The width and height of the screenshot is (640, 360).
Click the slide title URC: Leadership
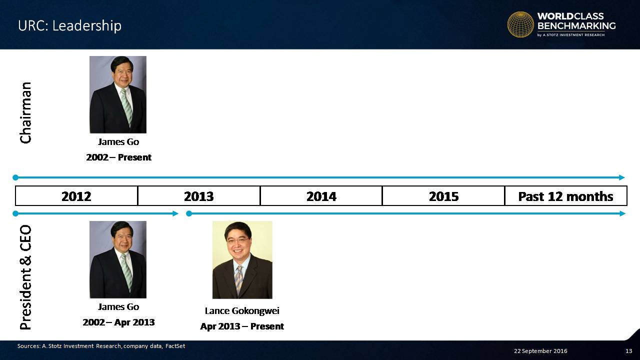tap(69, 26)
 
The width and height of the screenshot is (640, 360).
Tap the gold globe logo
tap(520, 24)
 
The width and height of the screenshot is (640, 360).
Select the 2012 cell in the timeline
tap(76, 196)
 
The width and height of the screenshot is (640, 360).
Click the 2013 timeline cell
tap(199, 196)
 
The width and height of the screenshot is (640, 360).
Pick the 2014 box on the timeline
tap(321, 196)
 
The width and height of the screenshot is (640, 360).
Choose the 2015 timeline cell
tap(443, 196)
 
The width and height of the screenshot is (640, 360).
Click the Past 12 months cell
tap(565, 196)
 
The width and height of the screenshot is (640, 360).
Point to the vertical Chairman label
tap(25, 112)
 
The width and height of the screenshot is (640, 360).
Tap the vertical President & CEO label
tap(25, 277)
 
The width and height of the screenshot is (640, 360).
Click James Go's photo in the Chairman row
tap(118, 94)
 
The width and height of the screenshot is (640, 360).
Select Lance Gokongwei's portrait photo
tap(242, 259)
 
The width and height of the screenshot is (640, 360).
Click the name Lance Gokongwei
tap(242, 311)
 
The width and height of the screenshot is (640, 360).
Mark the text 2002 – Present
tap(119, 157)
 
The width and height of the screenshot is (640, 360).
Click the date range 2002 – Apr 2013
tap(118, 322)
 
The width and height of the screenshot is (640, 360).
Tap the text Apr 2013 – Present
tap(242, 326)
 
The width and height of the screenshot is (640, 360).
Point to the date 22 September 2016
tap(540, 351)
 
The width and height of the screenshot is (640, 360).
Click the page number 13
tap(628, 351)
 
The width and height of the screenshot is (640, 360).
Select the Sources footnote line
tap(101, 346)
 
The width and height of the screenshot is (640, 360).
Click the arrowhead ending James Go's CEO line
tap(175, 213)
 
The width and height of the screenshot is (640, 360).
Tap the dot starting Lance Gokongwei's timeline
tap(189, 213)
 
